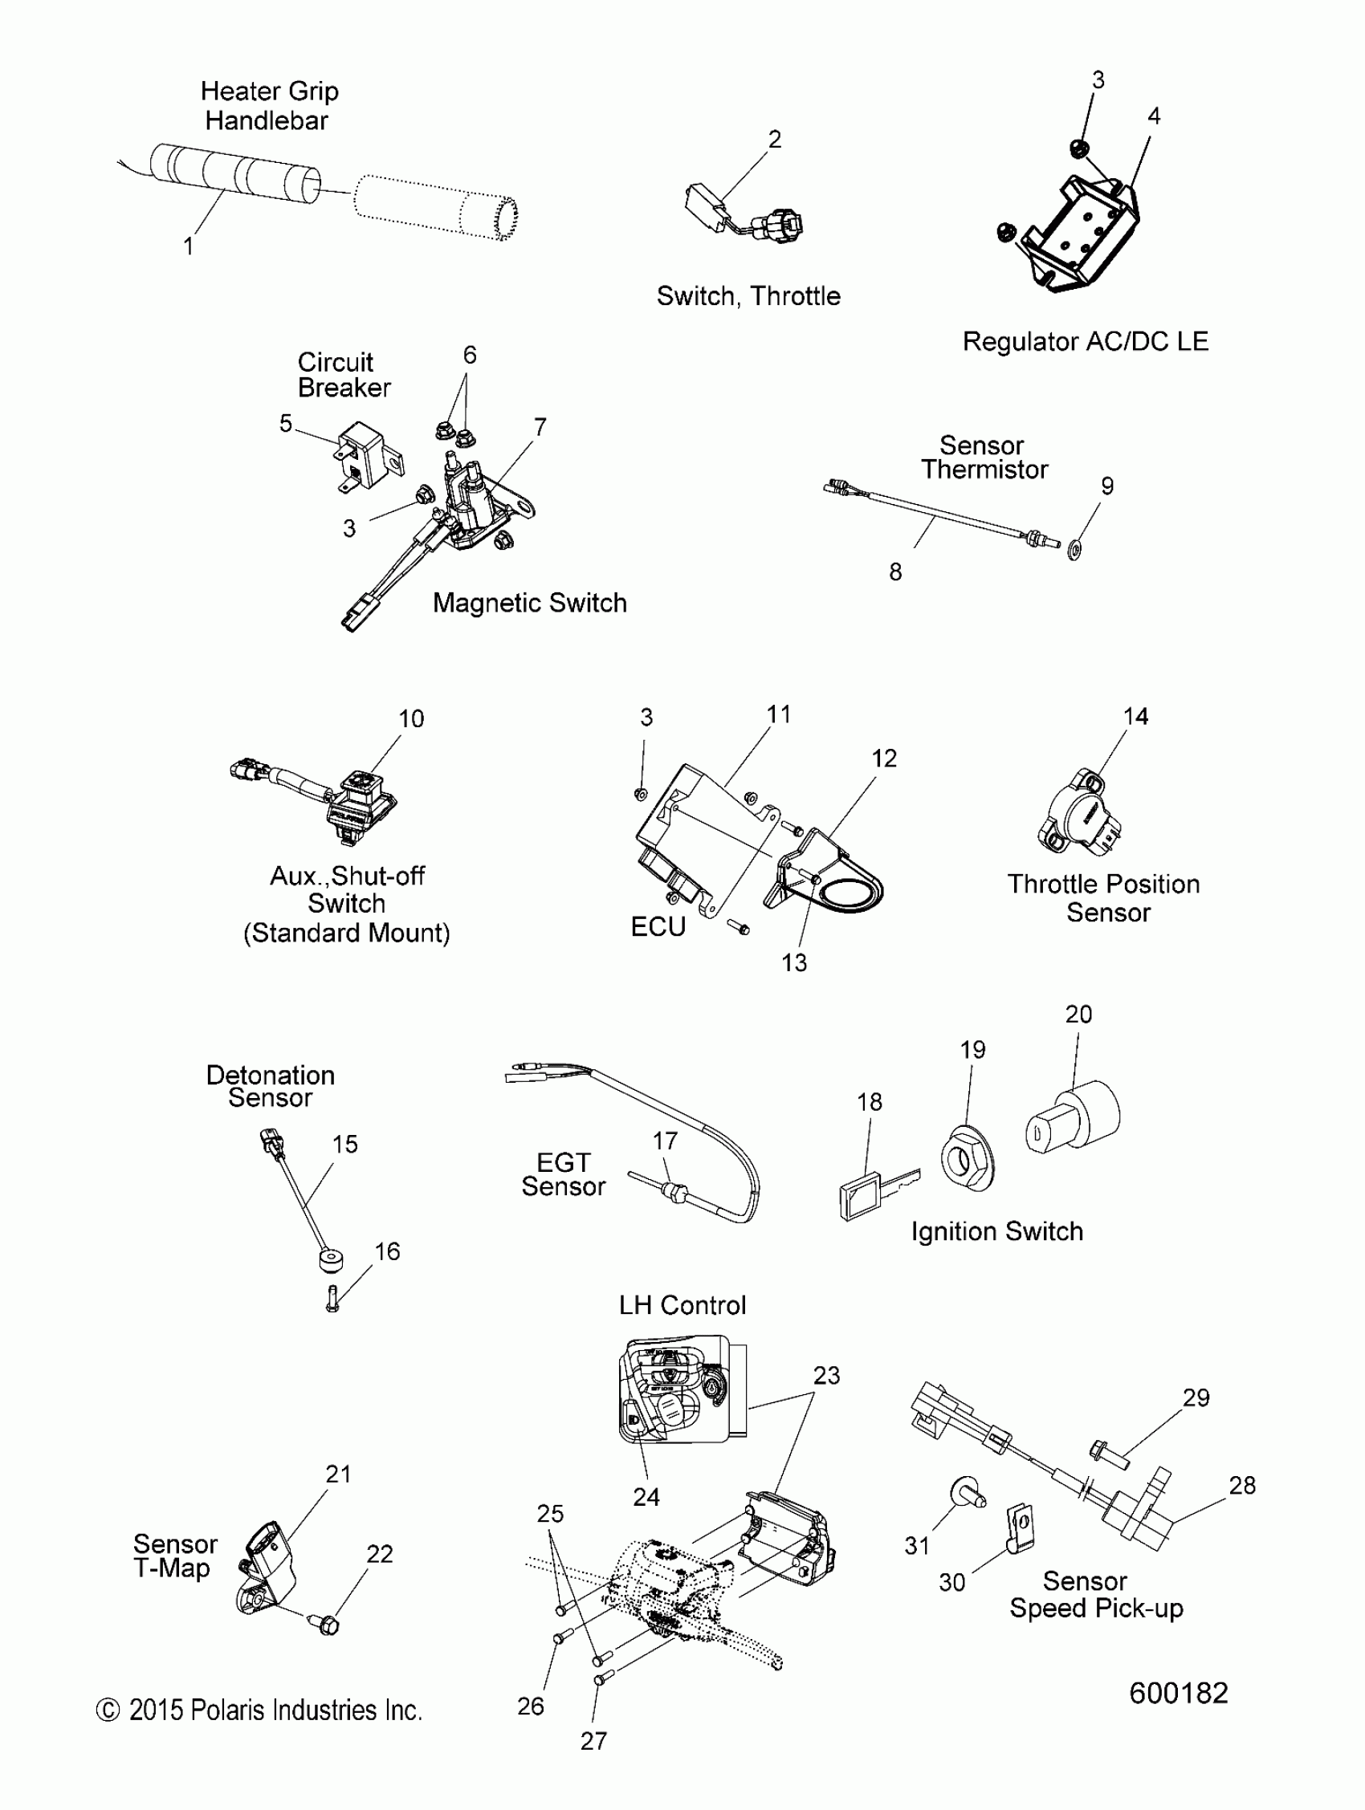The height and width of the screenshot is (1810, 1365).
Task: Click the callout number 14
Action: click(1135, 717)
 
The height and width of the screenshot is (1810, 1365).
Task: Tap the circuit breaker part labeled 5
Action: click(366, 455)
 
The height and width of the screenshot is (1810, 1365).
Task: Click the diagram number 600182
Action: click(1179, 1693)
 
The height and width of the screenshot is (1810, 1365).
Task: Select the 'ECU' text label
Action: click(657, 926)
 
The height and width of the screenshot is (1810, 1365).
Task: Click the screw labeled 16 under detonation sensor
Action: click(332, 1299)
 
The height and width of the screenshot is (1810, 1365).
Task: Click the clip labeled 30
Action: click(1019, 1527)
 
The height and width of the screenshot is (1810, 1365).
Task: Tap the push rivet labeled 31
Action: click(967, 1493)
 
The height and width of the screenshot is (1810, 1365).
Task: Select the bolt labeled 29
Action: click(1109, 1454)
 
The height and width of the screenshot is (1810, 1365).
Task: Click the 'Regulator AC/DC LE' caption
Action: click(1084, 341)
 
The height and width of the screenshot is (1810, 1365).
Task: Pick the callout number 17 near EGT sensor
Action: click(665, 1141)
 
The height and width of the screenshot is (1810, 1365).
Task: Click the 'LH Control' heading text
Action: click(682, 1305)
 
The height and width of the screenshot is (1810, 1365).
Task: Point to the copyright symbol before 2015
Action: click(108, 1710)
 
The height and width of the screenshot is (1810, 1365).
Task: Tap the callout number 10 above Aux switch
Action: click(411, 718)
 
